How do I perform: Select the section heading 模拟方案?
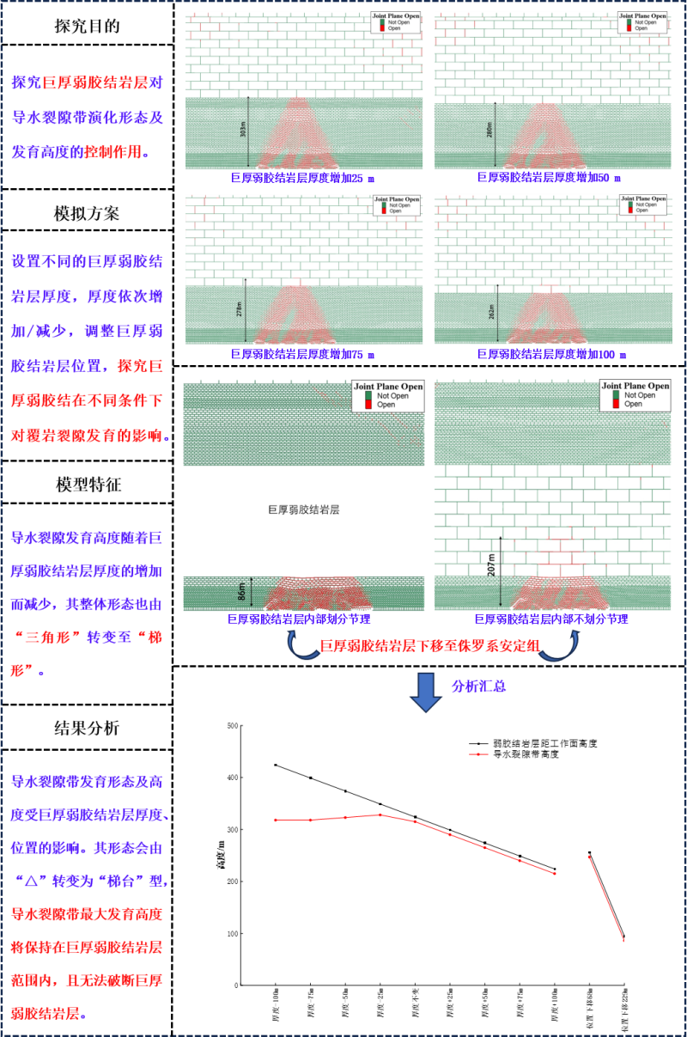pyautogui.click(x=87, y=212)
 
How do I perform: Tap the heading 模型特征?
pyautogui.click(x=87, y=483)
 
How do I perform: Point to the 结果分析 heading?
pyautogui.click(x=87, y=728)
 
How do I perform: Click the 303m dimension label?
pyautogui.click(x=243, y=131)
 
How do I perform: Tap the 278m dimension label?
pyautogui.click(x=240, y=310)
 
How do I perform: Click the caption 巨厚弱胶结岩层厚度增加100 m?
pyautogui.click(x=552, y=354)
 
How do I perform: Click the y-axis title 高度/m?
pyautogui.click(x=221, y=856)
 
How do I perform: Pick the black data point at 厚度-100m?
pyautogui.click(x=275, y=765)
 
